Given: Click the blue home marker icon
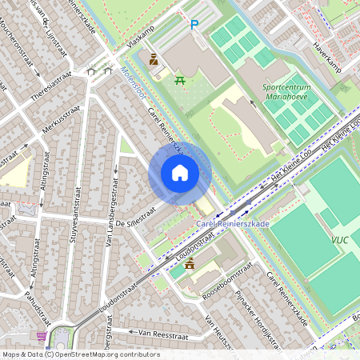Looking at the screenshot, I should [180, 172].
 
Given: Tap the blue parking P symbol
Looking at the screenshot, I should [194, 26].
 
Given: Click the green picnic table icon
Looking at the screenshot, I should [181, 78].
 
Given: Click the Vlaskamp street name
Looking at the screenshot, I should [141, 38].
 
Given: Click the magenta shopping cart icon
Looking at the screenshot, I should [42, 336].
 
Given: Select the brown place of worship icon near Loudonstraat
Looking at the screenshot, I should [190, 264].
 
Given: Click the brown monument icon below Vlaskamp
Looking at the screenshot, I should [154, 59].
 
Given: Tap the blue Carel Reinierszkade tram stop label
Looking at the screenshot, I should [233, 224].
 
